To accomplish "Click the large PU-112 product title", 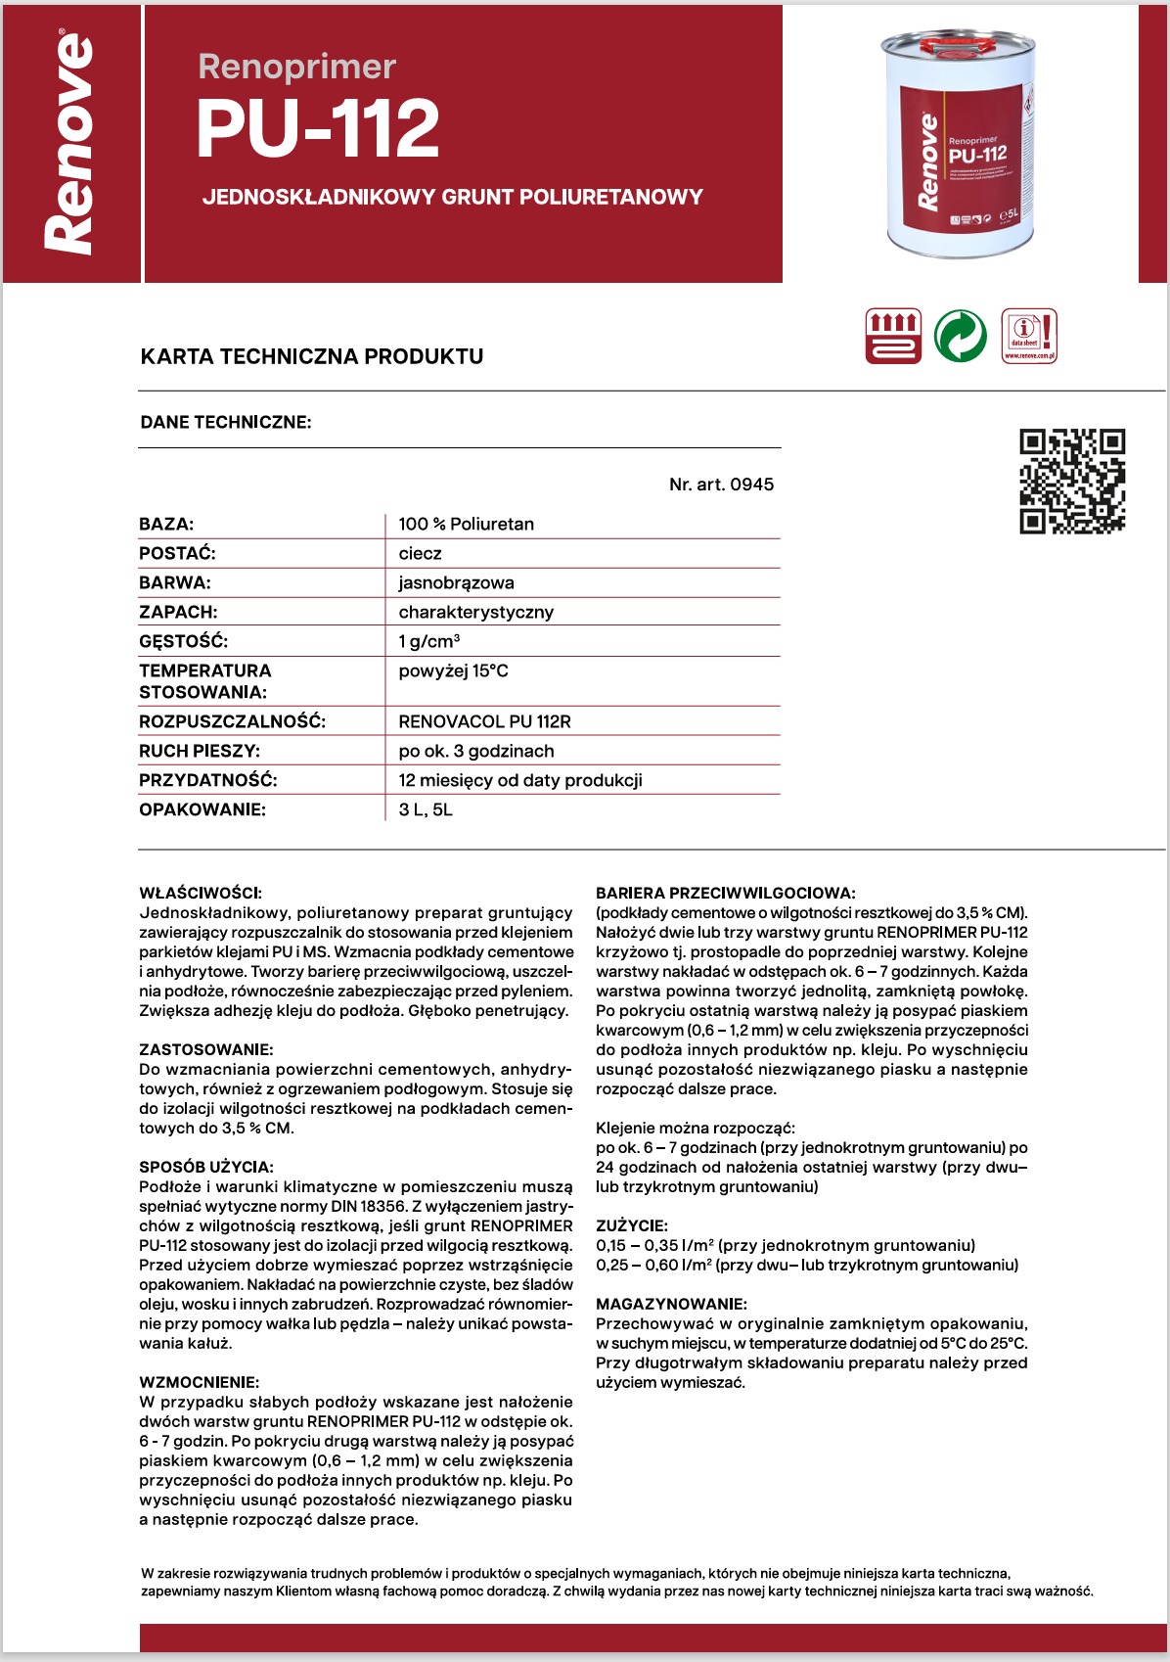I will click(x=318, y=129).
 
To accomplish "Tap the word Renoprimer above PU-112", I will click(x=296, y=67).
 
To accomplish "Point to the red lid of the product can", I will click(x=959, y=44).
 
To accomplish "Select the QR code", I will click(x=1072, y=481).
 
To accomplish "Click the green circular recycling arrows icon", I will click(x=961, y=336).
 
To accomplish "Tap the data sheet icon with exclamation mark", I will click(x=1029, y=336).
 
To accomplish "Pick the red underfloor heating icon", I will click(x=893, y=336).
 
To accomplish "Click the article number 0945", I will click(x=721, y=485).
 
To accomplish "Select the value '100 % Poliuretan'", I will click(x=466, y=524).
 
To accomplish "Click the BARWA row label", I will click(x=175, y=582).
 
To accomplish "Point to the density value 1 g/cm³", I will click(x=428, y=641).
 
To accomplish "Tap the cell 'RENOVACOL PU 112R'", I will click(x=484, y=721).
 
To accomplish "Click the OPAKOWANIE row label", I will click(x=202, y=809).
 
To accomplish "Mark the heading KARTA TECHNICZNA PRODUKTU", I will click(x=312, y=356).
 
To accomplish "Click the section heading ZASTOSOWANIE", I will click(x=205, y=1049).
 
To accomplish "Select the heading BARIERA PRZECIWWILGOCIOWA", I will click(x=725, y=893).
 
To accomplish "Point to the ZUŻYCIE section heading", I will click(x=631, y=1225).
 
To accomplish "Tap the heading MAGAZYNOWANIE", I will click(x=671, y=1304).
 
